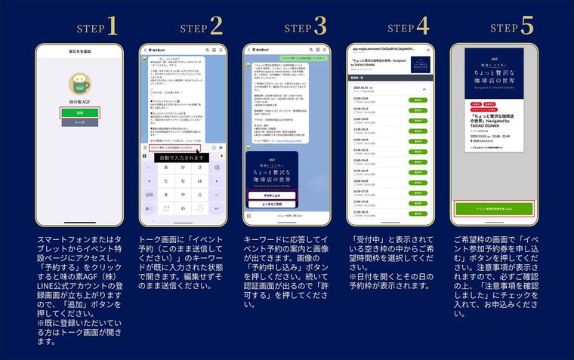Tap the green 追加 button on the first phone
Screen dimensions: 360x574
[79, 112]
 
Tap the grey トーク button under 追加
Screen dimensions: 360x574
[79, 122]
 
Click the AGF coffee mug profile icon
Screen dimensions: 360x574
[79, 84]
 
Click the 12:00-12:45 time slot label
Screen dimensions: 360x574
[362, 98]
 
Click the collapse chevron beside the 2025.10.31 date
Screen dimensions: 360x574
[424, 88]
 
